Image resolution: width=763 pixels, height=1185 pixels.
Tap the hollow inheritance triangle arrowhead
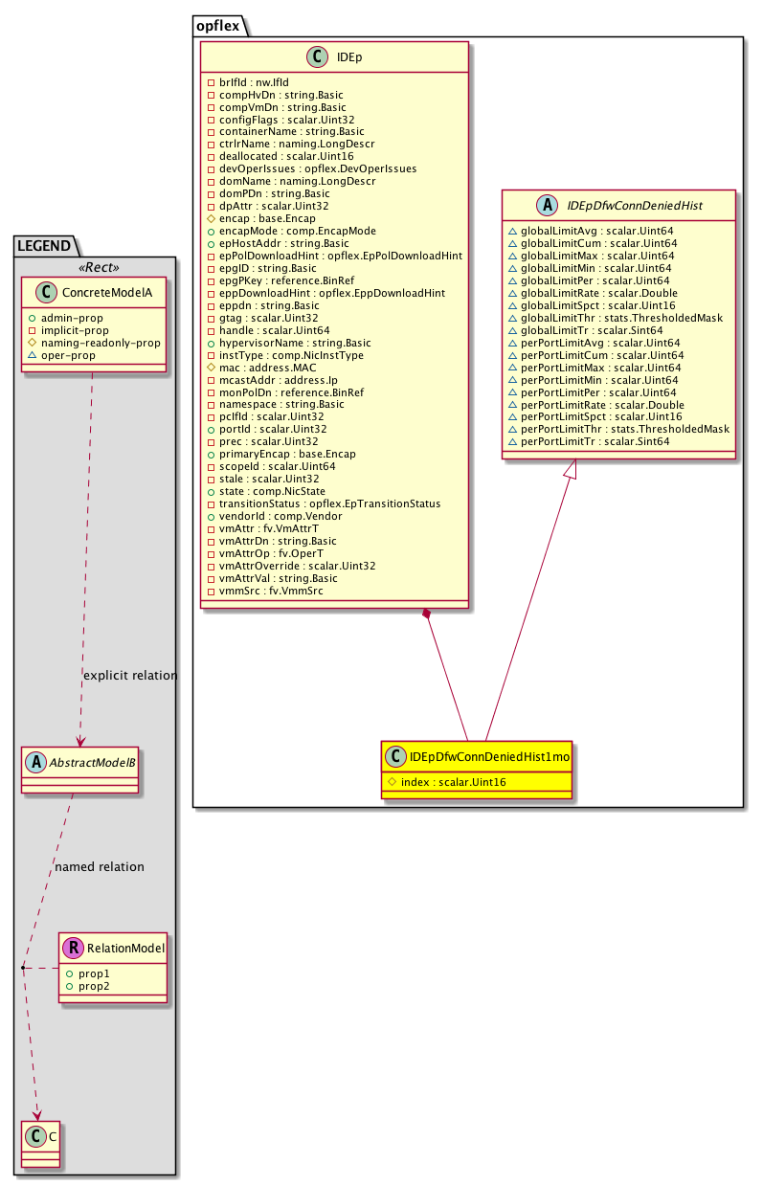tap(569, 471)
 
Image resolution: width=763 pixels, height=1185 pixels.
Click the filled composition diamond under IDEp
tap(427, 614)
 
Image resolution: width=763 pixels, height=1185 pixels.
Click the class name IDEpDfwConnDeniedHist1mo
tap(489, 757)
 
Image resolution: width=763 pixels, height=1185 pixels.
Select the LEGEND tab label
tap(42, 246)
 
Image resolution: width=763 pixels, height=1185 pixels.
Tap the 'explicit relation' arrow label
tap(130, 676)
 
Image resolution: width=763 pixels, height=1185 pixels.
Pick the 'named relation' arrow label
tap(100, 867)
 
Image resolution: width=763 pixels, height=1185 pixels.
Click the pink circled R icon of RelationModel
tap(73, 949)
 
